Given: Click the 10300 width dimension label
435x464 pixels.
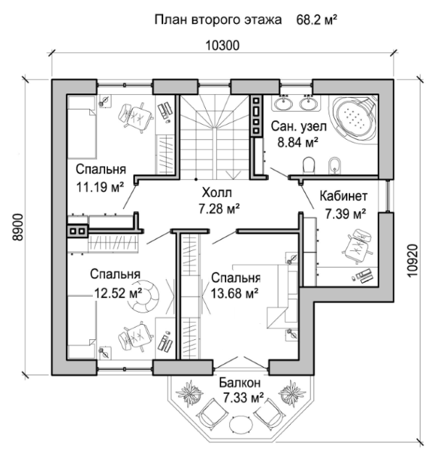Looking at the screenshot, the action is point(223,46).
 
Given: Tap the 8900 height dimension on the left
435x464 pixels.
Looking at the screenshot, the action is point(18,227).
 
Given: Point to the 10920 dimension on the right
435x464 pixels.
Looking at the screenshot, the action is point(413,260).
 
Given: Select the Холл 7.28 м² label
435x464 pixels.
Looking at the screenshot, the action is point(218,201).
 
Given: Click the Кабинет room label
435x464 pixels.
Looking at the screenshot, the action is point(344,196).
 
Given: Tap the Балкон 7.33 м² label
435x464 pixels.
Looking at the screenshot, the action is point(241,390).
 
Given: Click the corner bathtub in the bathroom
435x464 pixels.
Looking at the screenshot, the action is point(355,118).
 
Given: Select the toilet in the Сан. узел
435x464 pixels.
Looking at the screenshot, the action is point(309,165).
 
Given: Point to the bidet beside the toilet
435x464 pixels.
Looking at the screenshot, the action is point(335,165).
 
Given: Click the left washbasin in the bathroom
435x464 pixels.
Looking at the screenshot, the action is point(283,103).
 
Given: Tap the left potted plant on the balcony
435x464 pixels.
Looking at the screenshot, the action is point(189,392).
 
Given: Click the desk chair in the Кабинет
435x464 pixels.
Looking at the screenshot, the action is point(357,245).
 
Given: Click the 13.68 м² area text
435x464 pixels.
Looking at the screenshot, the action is point(234,294).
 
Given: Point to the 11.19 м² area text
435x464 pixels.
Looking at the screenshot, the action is point(100,187).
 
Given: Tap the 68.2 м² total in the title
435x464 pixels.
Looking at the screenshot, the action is point(317,20).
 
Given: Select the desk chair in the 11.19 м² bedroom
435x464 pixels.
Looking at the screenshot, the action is point(136,116).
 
